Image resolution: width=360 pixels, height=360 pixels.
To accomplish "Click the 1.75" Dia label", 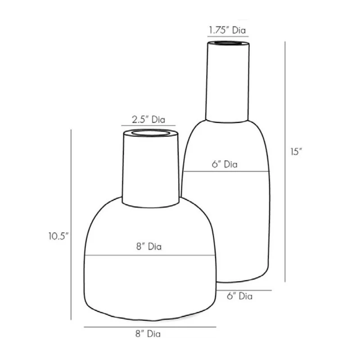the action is [227, 30].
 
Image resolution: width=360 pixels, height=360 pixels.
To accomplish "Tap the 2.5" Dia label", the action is [148, 120].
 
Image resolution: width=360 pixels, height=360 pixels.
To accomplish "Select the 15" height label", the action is [296, 152].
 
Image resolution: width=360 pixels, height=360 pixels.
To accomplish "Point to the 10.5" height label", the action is [58, 236].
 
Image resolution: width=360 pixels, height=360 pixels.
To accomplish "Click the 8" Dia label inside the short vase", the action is [149, 246].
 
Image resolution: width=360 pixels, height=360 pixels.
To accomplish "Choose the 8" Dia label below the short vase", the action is [148, 333].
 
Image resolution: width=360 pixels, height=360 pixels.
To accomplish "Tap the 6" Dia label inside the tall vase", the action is [225, 164].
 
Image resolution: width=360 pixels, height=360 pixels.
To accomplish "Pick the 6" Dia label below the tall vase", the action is [240, 296].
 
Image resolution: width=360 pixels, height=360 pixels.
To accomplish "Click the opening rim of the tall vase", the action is [228, 43].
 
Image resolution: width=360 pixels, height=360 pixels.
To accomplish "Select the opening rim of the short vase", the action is [151, 133].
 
